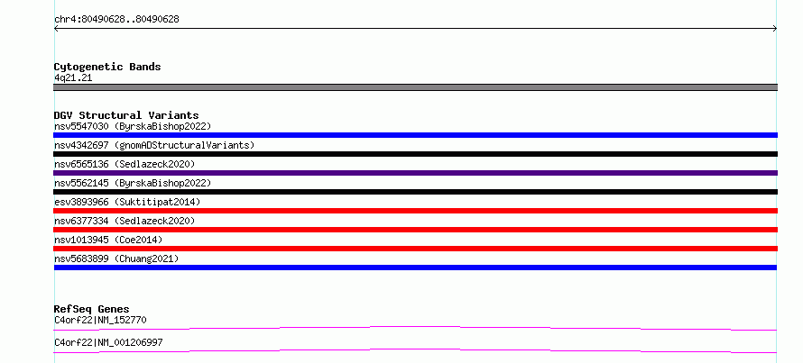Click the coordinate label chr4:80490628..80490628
pos(116,20)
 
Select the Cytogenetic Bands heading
pos(107,67)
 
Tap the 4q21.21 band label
pos(73,77)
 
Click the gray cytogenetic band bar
pos(415,87)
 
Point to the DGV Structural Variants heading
pos(126,115)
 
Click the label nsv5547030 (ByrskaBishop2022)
pos(133,126)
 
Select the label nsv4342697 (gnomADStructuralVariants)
pos(154,145)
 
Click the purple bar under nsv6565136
pos(415,173)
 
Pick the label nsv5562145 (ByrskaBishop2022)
pos(133,183)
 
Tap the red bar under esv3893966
pos(415,211)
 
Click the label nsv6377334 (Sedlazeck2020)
pos(125,221)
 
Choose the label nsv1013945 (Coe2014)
pos(108,240)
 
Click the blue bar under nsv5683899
pos(415,268)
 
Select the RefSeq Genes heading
pos(92,309)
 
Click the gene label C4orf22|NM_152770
pos(101,321)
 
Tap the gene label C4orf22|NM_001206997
pos(108,342)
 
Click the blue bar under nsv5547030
pos(415,135)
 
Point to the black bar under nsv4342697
pos(415,154)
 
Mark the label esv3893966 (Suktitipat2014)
pos(127,202)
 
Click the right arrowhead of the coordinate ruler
pos(776,29)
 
